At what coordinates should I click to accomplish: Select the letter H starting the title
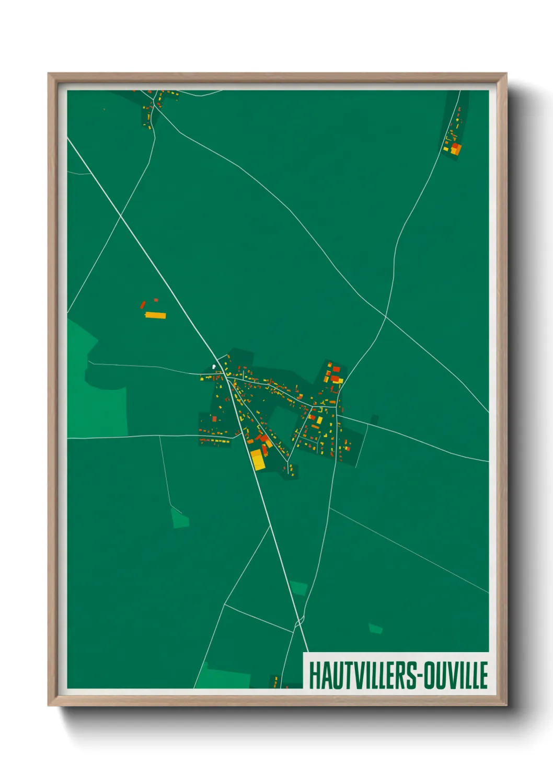tap(314, 675)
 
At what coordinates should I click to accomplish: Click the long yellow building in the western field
tap(155, 315)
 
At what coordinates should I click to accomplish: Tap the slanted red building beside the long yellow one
tap(143, 304)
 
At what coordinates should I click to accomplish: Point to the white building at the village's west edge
tap(213, 367)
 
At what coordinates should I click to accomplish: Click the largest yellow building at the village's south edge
tap(258, 459)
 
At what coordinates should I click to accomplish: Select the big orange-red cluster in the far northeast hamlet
tap(456, 149)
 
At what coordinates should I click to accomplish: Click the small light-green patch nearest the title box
tap(375, 628)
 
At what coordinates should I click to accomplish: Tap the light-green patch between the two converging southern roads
tap(299, 588)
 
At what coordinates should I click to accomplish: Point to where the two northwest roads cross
tap(121, 215)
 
